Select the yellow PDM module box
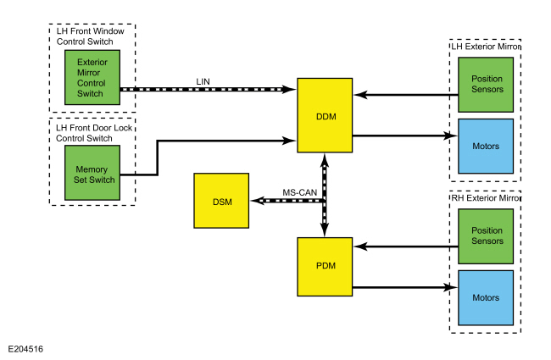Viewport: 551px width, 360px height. [325, 266]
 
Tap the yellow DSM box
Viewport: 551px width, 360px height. [221, 201]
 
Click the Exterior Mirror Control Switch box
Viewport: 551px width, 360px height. [92, 76]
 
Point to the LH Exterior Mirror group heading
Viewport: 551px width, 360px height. [485, 47]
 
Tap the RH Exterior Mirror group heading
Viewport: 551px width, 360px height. [485, 197]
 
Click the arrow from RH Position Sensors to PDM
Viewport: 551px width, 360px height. [403, 247]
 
